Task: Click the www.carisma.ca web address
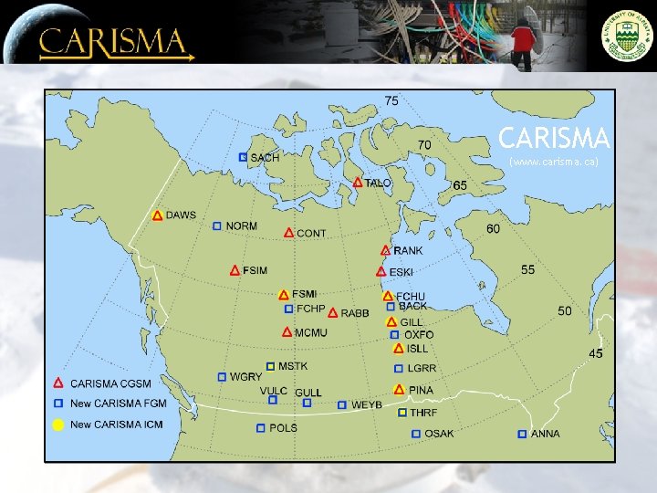(554, 162)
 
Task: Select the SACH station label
(265, 158)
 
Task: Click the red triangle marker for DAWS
(158, 215)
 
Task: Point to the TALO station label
(379, 184)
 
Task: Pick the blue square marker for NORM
(217, 226)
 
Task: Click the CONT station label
(311, 234)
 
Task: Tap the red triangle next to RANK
(385, 250)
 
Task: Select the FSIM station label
(255, 270)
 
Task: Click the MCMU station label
(310, 333)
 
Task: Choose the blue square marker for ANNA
(522, 434)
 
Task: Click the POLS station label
(283, 427)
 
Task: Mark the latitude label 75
(391, 100)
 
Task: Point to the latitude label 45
(594, 353)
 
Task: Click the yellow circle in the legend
(57, 425)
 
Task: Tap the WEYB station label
(367, 404)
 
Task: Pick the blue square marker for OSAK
(416, 434)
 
